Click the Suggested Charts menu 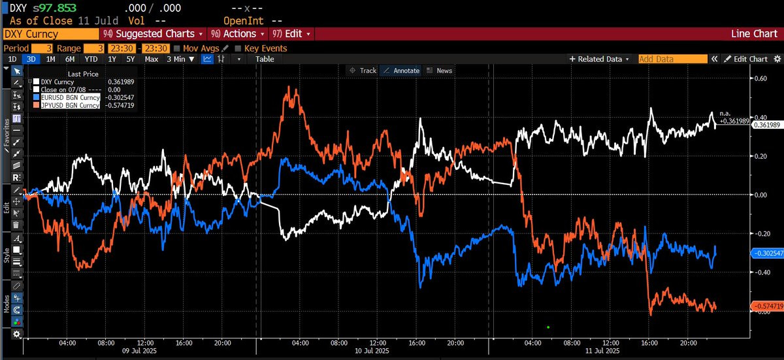coord(154,33)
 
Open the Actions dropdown coord(239,33)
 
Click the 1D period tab coord(12,59)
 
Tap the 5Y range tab coord(131,59)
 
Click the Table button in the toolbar coord(265,59)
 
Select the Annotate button coord(400,71)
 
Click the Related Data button coord(600,59)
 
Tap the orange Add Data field coord(672,59)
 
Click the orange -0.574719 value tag coord(765,306)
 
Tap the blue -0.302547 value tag coord(765,252)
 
